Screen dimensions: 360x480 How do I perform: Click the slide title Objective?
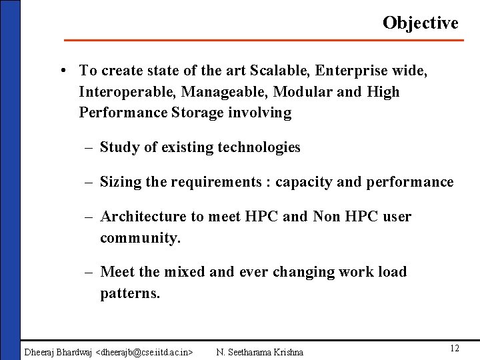(420, 23)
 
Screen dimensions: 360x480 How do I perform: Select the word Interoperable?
(127, 91)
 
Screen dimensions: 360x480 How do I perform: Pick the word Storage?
(198, 113)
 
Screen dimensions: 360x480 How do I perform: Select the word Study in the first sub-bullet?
(119, 147)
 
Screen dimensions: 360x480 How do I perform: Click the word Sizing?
(121, 182)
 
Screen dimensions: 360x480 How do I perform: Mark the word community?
(140, 238)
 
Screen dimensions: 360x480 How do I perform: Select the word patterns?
(130, 293)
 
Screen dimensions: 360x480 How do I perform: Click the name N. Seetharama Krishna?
(260, 351)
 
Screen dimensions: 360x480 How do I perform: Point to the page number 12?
(455, 349)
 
